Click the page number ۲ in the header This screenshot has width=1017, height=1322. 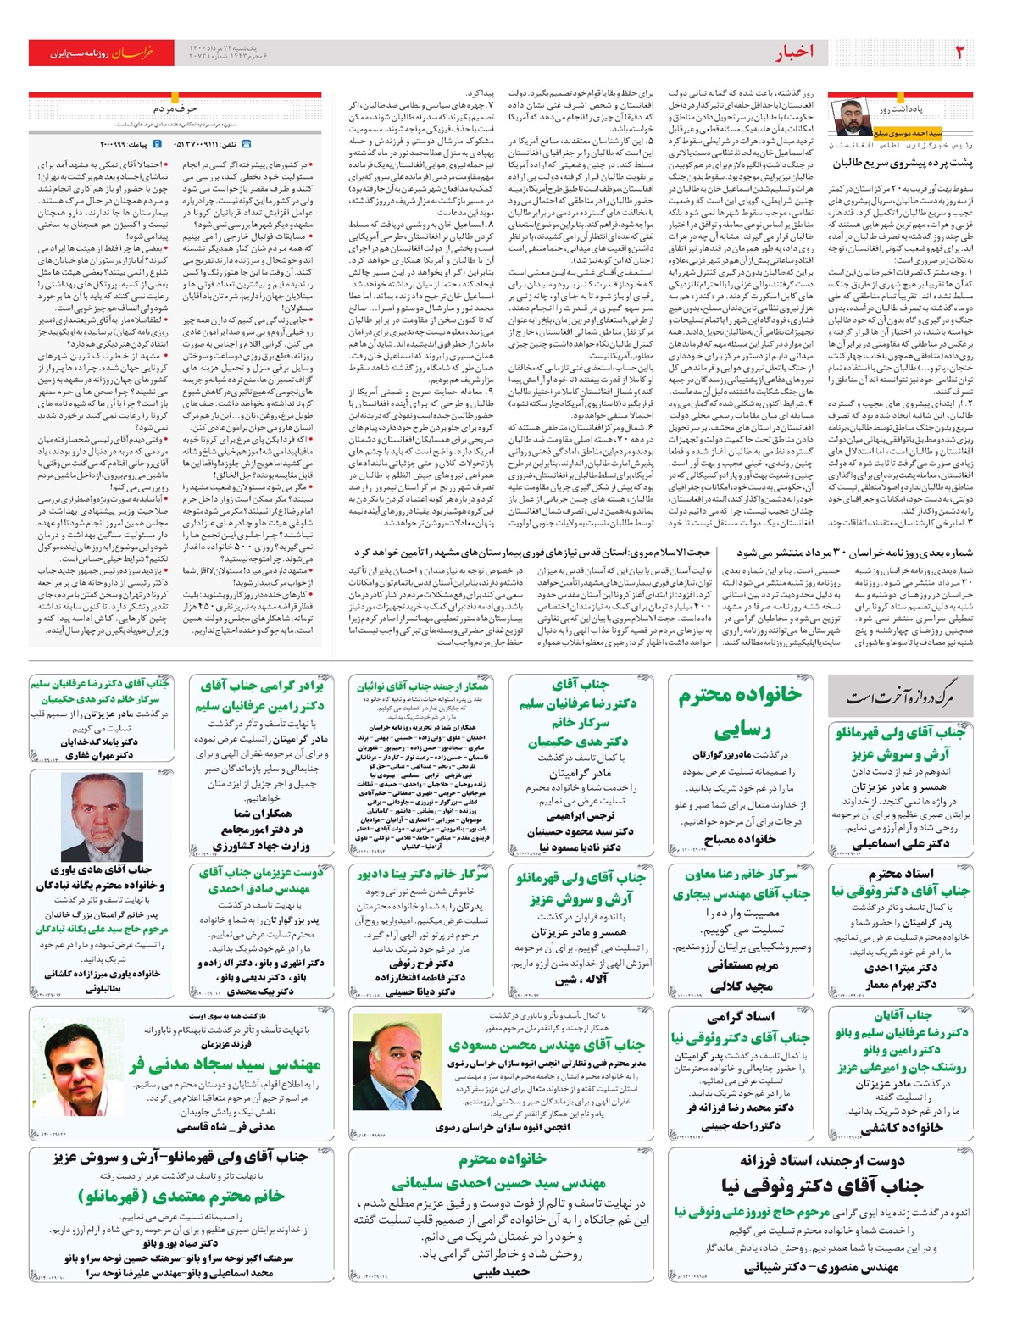coord(960,52)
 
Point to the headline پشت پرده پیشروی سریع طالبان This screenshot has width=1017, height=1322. coord(902,162)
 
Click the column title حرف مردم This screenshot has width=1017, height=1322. coord(175,109)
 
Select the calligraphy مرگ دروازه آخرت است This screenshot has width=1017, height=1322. coord(900,697)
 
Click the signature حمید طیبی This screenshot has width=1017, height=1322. coord(502,1271)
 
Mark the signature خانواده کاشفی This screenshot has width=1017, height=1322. coord(901,1128)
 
